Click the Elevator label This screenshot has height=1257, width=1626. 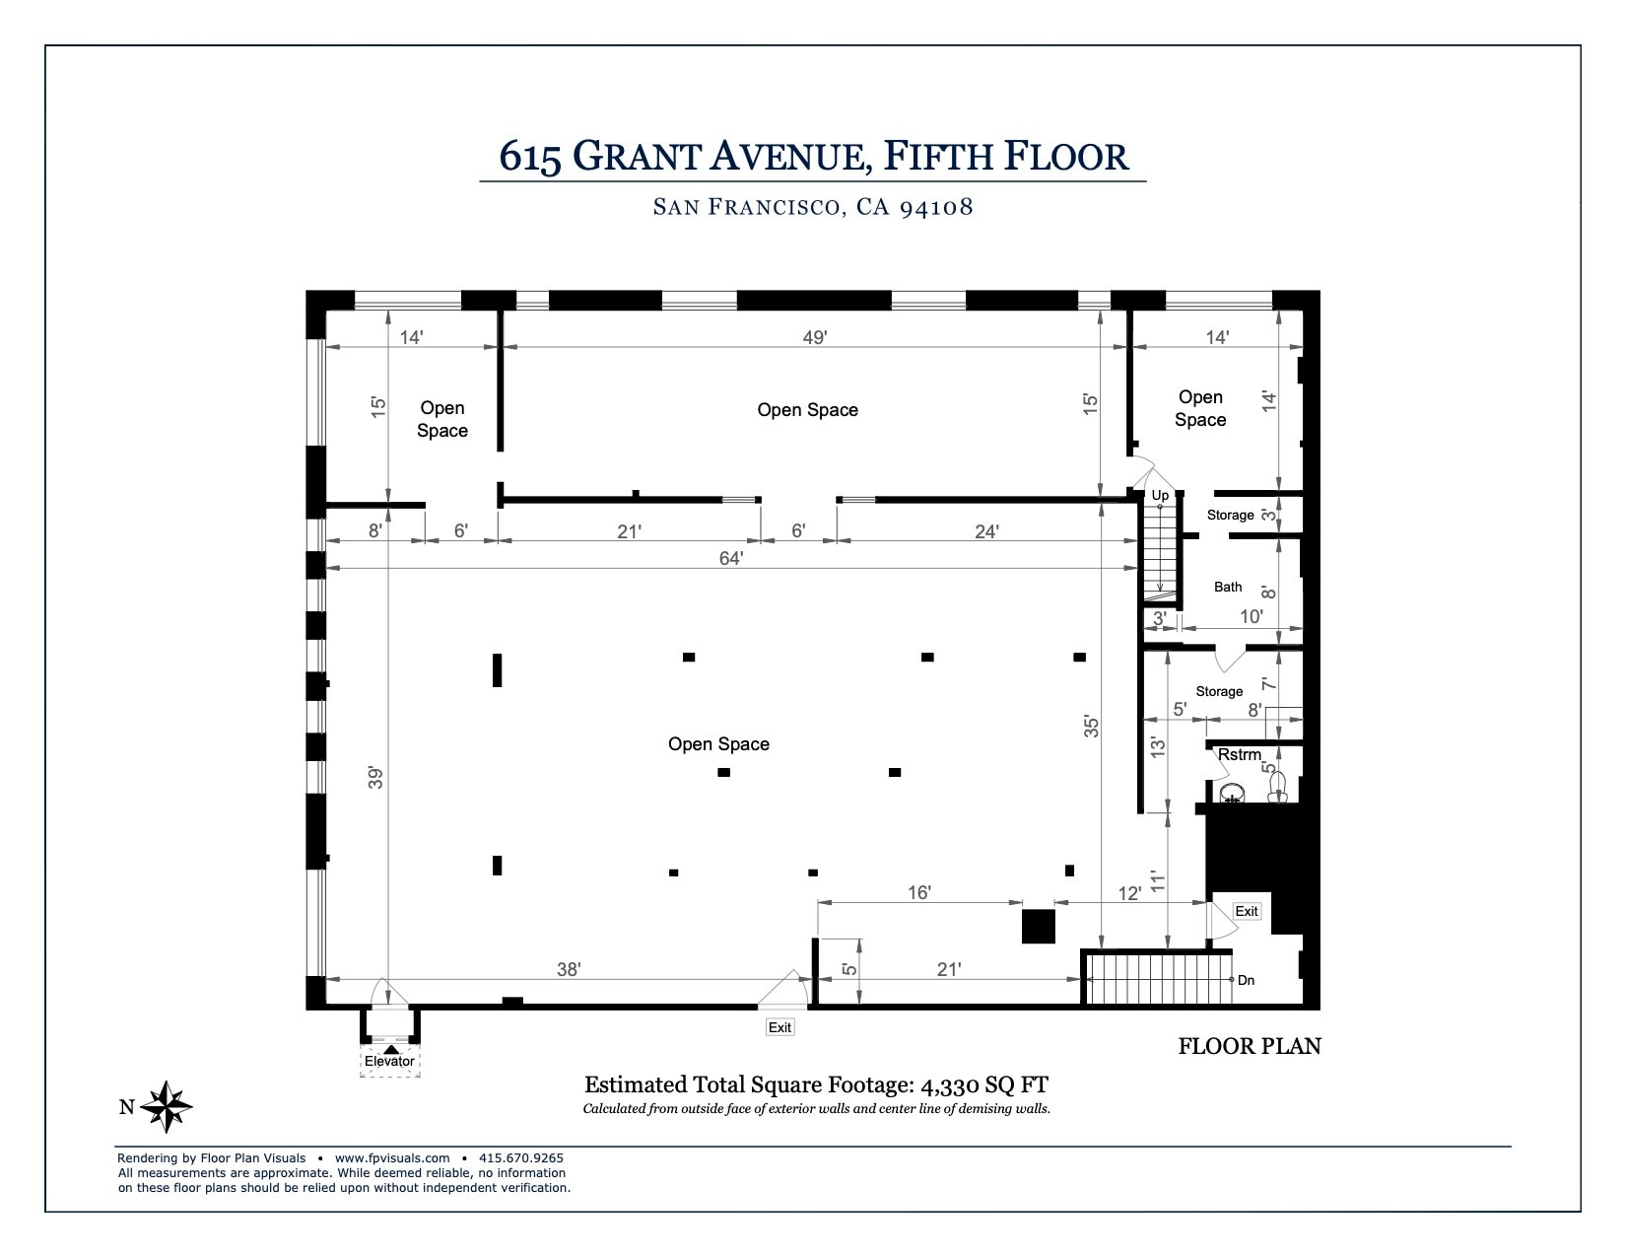pyautogui.click(x=389, y=1061)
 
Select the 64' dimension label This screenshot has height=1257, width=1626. pyautogui.click(x=730, y=558)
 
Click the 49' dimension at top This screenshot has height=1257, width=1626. pyautogui.click(x=814, y=337)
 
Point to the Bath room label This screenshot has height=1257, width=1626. pyautogui.click(x=1228, y=587)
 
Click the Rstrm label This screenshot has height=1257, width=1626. pyautogui.click(x=1239, y=755)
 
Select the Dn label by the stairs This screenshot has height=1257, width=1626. pyautogui.click(x=1247, y=980)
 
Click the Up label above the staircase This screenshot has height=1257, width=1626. pyautogui.click(x=1160, y=495)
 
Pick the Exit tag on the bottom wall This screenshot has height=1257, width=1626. pyautogui.click(x=779, y=1027)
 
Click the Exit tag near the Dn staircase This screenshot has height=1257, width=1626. pyautogui.click(x=1247, y=911)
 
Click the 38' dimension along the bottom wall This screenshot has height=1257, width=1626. pyautogui.click(x=569, y=969)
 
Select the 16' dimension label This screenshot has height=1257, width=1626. pyautogui.click(x=918, y=892)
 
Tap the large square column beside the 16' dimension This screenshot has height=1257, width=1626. pyautogui.click(x=1038, y=927)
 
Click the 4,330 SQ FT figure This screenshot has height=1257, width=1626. pyautogui.click(x=983, y=1085)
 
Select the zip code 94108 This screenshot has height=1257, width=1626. pyautogui.click(x=936, y=207)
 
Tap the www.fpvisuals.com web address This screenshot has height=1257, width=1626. pyautogui.click(x=392, y=1158)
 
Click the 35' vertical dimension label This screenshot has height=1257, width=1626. pyautogui.click(x=1091, y=727)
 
